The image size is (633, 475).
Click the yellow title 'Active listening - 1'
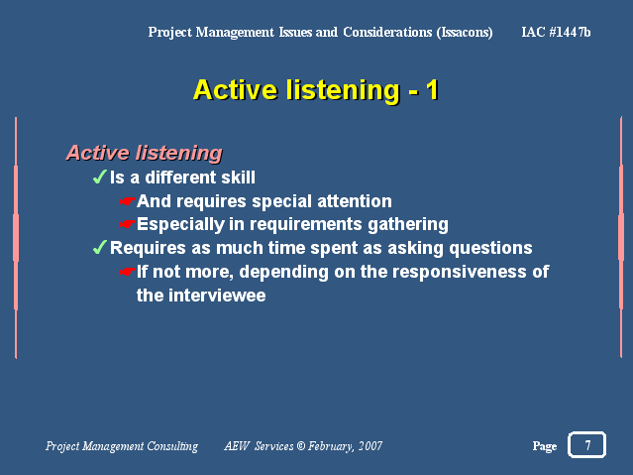click(316, 90)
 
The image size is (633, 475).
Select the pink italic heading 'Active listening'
click(144, 154)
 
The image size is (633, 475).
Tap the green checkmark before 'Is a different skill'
click(99, 177)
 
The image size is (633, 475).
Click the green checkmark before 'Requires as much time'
click(99, 247)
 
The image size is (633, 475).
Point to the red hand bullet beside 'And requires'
click(127, 201)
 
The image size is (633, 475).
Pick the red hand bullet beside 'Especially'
click(127, 223)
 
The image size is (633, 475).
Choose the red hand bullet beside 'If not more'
click(127, 272)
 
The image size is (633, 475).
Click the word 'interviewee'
click(217, 296)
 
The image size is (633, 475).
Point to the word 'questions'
click(491, 248)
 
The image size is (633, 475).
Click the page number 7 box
click(586, 444)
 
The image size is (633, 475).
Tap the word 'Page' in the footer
click(545, 446)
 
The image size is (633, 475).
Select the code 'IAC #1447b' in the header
click(556, 32)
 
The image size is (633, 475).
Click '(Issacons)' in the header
click(465, 33)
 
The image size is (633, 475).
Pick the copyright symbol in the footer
click(301, 445)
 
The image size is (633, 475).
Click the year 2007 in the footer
click(370, 446)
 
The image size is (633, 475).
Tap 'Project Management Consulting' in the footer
click(122, 446)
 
